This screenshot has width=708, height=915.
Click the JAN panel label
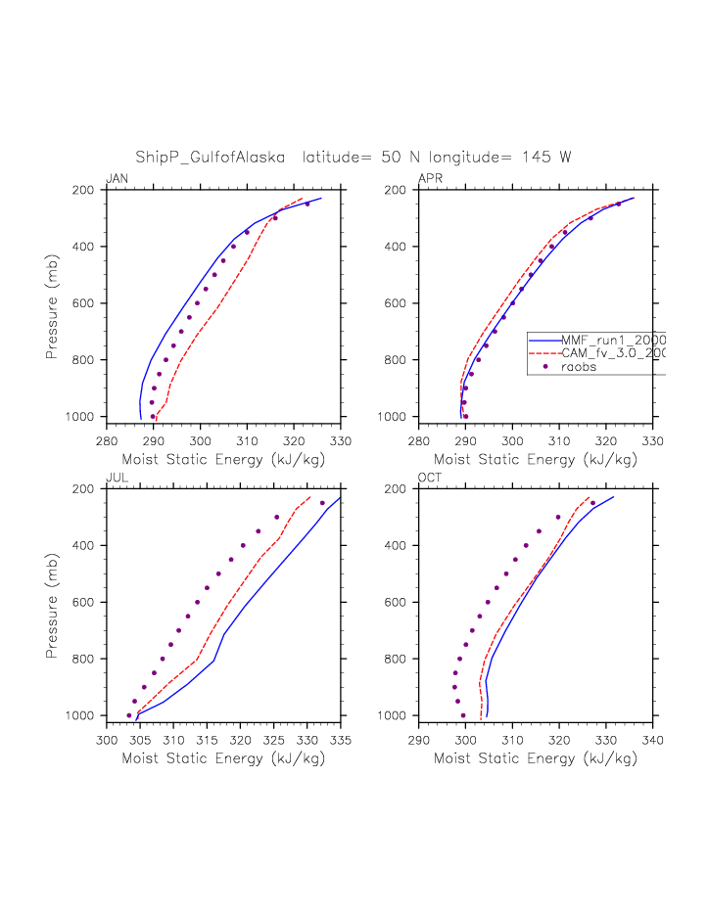(x=117, y=178)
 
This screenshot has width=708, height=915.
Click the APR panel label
(x=430, y=178)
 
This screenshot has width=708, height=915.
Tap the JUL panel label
(x=117, y=477)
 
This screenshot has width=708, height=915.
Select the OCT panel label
(x=430, y=477)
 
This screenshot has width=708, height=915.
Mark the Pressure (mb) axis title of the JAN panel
(x=53, y=303)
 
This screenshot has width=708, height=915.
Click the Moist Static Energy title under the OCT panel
(x=536, y=757)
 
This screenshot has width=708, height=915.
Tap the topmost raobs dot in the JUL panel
(x=322, y=503)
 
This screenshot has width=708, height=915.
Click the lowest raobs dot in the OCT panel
(x=463, y=715)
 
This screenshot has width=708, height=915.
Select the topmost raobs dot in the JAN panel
(x=307, y=204)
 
